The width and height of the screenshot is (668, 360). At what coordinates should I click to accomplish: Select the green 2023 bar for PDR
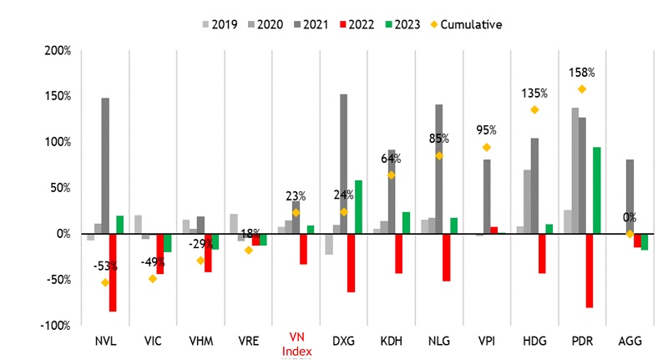[597, 190]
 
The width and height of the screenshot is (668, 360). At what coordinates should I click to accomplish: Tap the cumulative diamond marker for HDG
[534, 109]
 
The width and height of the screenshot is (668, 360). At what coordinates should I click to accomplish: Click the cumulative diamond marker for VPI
[487, 147]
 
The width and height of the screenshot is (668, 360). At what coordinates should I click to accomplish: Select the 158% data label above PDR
[581, 72]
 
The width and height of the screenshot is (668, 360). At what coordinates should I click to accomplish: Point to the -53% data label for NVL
[105, 266]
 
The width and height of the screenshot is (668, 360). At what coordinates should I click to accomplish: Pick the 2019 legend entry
[220, 24]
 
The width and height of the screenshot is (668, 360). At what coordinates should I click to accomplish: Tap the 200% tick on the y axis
[58, 51]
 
